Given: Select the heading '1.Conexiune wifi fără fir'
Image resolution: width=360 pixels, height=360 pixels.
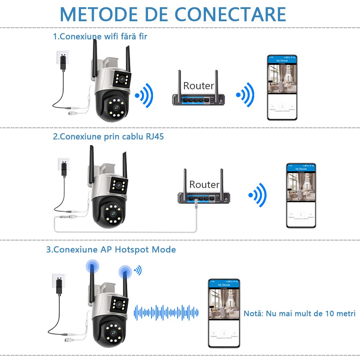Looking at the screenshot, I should (x=100, y=36).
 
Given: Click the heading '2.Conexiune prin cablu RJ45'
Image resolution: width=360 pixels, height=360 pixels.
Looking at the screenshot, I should (x=108, y=137).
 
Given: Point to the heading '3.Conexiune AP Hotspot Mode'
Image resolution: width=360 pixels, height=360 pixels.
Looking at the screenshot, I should (x=111, y=249).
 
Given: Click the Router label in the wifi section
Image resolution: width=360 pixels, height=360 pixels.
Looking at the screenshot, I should (x=198, y=86).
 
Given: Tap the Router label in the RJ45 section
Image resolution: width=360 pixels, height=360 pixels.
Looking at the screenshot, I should (x=204, y=184).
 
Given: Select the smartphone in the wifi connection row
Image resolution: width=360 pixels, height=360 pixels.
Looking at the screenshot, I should (x=282, y=87).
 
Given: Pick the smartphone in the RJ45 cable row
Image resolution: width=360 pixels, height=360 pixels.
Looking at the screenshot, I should (x=301, y=195).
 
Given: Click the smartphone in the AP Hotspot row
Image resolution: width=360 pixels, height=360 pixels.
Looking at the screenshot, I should (x=224, y=313).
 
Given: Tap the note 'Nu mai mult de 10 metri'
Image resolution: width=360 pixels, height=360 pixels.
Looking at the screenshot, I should (x=300, y=313).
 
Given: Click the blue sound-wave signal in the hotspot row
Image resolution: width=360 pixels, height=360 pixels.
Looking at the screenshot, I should (x=166, y=312).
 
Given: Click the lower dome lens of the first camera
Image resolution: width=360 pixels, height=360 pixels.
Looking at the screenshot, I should (x=117, y=107).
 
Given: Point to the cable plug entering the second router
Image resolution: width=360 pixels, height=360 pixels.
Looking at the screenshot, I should (x=196, y=203).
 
